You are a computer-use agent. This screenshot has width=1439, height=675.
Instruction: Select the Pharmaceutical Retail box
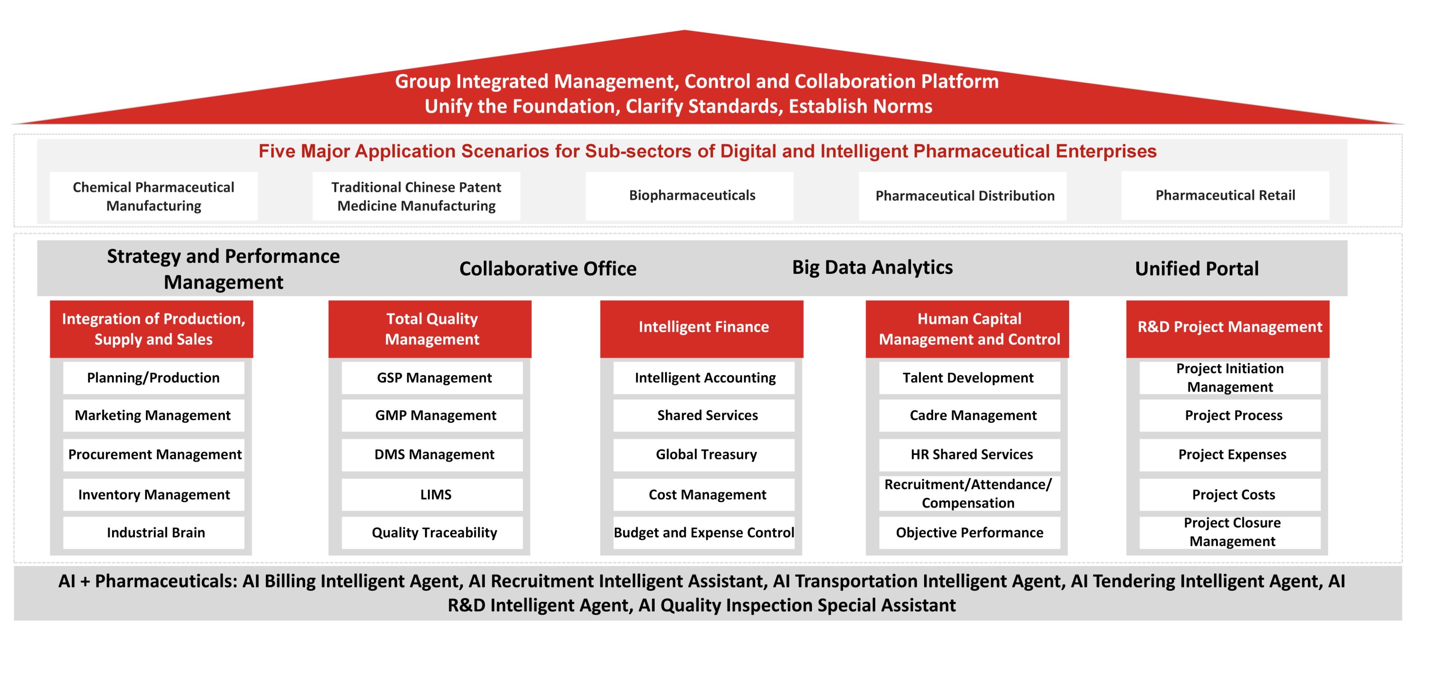[1225, 196]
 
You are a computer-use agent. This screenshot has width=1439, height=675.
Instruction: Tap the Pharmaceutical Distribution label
[965, 196]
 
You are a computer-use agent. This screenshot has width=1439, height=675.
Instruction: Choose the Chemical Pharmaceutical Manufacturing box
[154, 196]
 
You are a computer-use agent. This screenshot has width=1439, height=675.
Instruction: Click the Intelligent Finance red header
[702, 329]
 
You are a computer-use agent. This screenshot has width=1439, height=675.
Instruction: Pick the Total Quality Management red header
[430, 329]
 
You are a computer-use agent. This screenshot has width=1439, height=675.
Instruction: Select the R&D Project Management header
[1228, 329]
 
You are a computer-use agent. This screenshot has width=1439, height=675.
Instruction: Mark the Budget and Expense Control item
[704, 532]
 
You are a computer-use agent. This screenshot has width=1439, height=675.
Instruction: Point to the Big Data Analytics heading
[872, 268]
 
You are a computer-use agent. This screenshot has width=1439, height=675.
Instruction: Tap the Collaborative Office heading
[548, 269]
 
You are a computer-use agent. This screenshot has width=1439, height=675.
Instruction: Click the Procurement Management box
[154, 454]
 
